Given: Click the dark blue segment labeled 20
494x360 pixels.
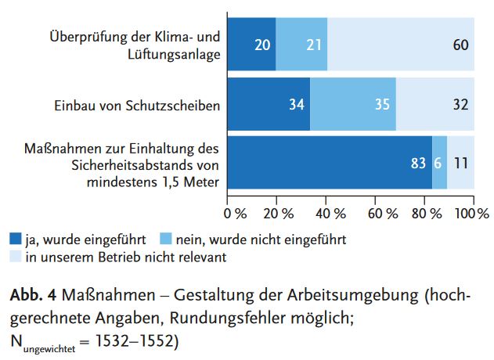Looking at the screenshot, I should (251, 45).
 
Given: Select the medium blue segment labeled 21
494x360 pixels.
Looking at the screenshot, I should (301, 45).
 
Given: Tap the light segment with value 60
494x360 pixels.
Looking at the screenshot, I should (400, 45).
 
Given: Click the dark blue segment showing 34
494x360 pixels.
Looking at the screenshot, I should (269, 104).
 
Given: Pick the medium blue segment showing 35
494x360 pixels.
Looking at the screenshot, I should (352, 104).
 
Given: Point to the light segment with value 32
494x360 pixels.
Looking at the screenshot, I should (435, 104).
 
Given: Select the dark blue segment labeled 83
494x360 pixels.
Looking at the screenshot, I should (330, 163).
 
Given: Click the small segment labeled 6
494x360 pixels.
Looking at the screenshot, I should (439, 163).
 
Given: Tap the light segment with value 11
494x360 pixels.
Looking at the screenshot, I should (460, 163).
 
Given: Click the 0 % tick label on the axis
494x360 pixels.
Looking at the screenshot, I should (234, 213).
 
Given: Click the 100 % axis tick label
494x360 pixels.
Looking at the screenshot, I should (472, 213).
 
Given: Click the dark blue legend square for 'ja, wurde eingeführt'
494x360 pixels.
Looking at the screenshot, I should (15, 239).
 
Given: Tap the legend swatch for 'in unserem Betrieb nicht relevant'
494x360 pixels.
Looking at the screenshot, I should (15, 256).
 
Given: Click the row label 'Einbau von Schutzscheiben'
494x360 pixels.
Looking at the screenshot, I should (138, 105).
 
